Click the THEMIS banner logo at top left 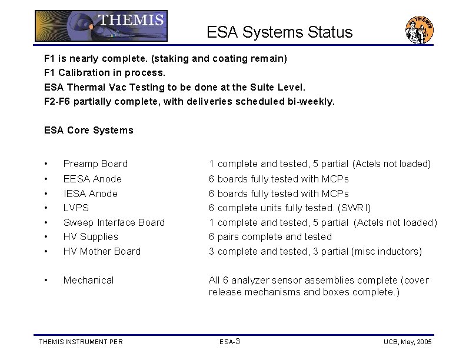click(101, 26)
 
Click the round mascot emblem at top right click(420, 30)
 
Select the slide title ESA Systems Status click(279, 32)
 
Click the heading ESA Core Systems click(89, 130)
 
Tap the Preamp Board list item click(95, 164)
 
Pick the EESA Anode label click(92, 179)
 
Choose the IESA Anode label click(90, 194)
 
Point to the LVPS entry click(76, 208)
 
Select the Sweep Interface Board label click(114, 222)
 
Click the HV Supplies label click(91, 236)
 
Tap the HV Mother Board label click(102, 251)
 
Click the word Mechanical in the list click(88, 280)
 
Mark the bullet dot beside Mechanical click(46, 281)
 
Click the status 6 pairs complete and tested click(270, 236)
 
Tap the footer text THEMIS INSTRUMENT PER click(81, 342)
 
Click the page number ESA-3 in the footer click(229, 342)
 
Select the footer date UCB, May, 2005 click(408, 342)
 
